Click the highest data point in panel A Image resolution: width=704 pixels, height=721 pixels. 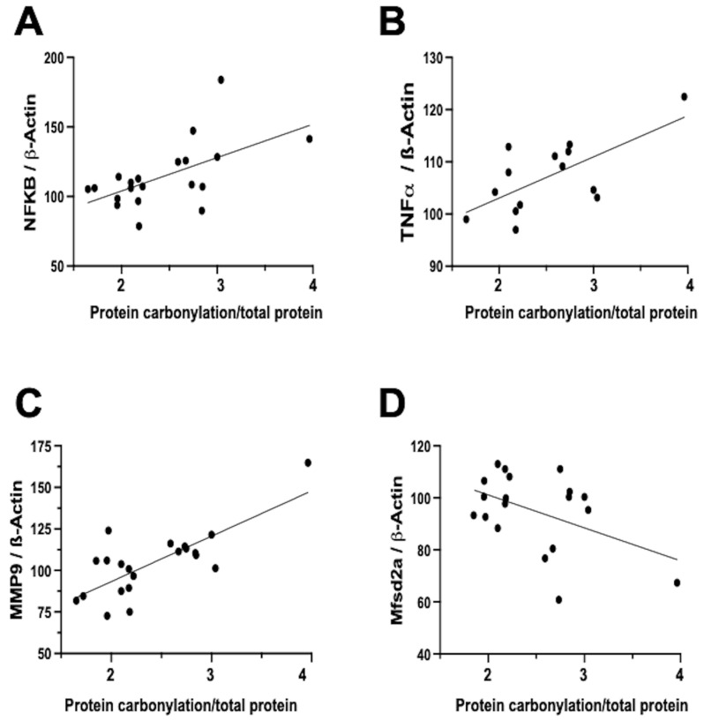pyautogui.click(x=221, y=79)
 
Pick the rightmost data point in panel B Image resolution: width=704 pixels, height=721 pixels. pyautogui.click(x=684, y=96)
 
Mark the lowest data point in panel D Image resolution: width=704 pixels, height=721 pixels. pyautogui.click(x=558, y=599)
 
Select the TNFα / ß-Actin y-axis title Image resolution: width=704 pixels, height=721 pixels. pyautogui.click(x=408, y=161)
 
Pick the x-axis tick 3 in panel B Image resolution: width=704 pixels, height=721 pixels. pyautogui.click(x=594, y=286)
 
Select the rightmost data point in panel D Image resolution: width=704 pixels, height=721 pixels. pyautogui.click(x=677, y=582)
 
